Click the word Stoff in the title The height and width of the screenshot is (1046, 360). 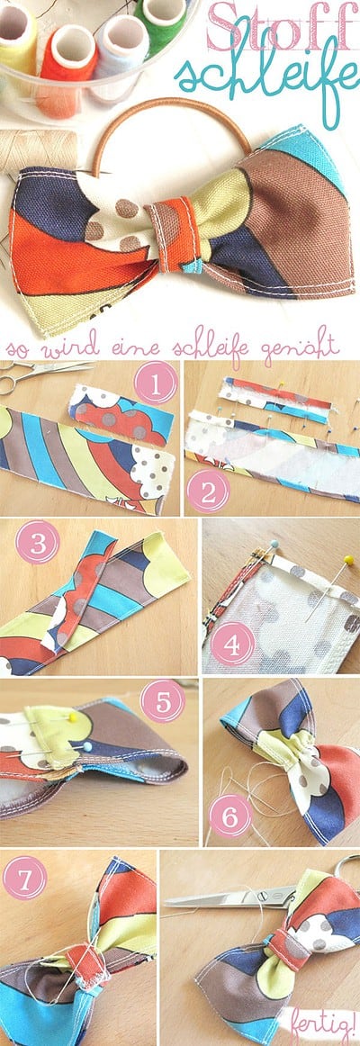pyautogui.click(x=281, y=27)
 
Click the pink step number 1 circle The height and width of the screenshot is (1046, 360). pyautogui.click(x=156, y=383)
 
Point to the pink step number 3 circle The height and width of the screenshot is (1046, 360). pyautogui.click(x=37, y=542)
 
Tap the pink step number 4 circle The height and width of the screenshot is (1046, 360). pyautogui.click(x=233, y=645)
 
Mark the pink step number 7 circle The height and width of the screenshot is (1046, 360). pyautogui.click(x=24, y=878)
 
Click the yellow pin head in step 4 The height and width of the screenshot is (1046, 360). pyautogui.click(x=347, y=558)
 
